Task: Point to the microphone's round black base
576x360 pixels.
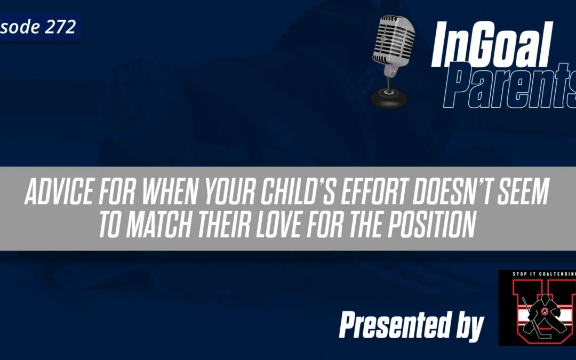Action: click(389, 98)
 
